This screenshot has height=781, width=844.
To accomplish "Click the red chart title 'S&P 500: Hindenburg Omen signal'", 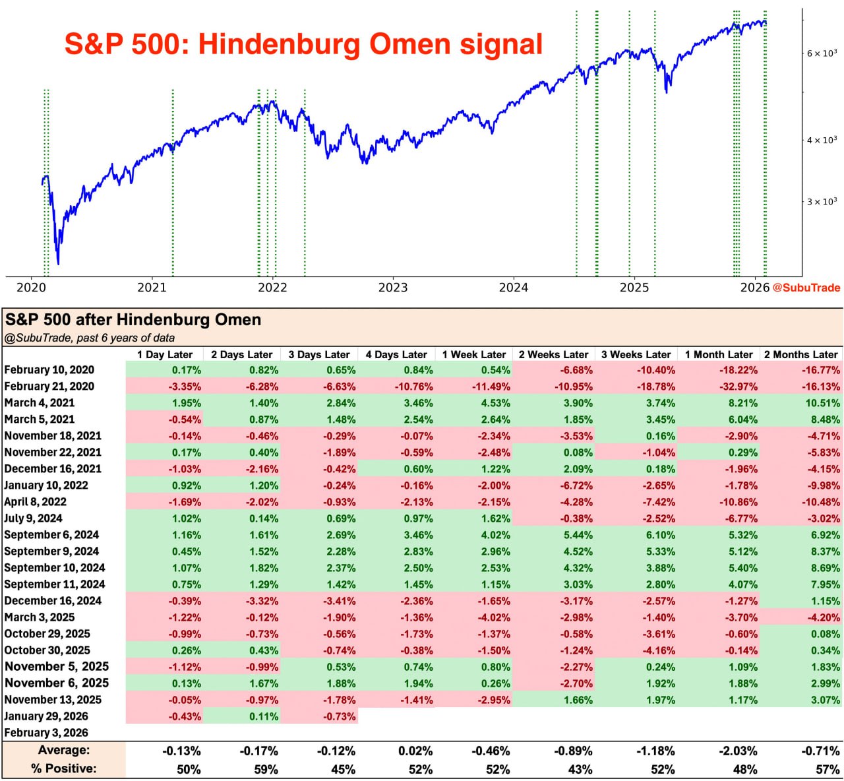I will point(303,44).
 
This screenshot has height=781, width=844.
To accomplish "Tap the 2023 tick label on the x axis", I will point(393,288).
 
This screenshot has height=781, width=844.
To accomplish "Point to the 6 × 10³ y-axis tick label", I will point(822,53).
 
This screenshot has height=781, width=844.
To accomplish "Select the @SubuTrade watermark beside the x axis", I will point(806,288).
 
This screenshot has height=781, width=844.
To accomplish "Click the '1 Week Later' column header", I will point(474,354).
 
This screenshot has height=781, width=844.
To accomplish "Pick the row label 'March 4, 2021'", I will point(40,403).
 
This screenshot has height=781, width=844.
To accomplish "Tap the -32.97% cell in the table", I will point(738,387).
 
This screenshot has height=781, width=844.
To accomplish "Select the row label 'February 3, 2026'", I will point(46,733).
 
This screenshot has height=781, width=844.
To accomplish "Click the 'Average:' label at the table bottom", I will point(64,750).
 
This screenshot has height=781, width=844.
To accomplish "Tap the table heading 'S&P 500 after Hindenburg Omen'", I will point(133,320).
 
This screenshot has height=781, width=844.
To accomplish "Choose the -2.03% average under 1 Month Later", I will point(738,751).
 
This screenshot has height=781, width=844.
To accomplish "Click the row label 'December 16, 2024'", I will point(53,601).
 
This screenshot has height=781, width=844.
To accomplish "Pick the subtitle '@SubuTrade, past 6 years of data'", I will point(90,338).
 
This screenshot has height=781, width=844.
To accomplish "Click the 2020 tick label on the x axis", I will point(31,288).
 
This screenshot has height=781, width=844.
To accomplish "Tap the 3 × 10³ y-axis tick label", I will point(822,201).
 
